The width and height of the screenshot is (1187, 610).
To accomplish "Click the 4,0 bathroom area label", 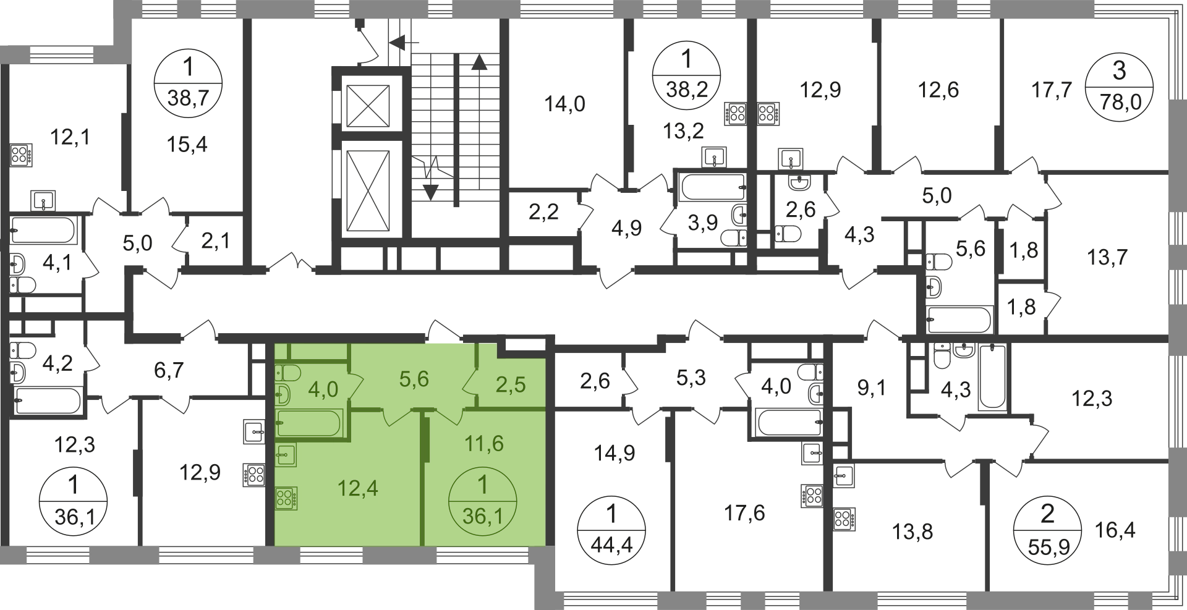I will point(323,389).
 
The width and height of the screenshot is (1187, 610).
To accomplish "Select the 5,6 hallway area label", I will point(414,379).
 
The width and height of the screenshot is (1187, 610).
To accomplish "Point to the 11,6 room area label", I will point(485,443).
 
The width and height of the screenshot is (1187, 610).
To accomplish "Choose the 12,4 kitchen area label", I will point(358,488).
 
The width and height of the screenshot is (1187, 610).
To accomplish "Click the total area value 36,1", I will point(482,515).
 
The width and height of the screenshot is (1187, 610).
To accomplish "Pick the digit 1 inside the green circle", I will point(483,484).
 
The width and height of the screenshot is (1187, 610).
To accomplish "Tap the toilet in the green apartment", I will point(287,373).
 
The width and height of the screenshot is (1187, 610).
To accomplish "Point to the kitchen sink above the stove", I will point(287,454).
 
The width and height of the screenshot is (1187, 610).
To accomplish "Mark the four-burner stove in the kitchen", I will point(287,498).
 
